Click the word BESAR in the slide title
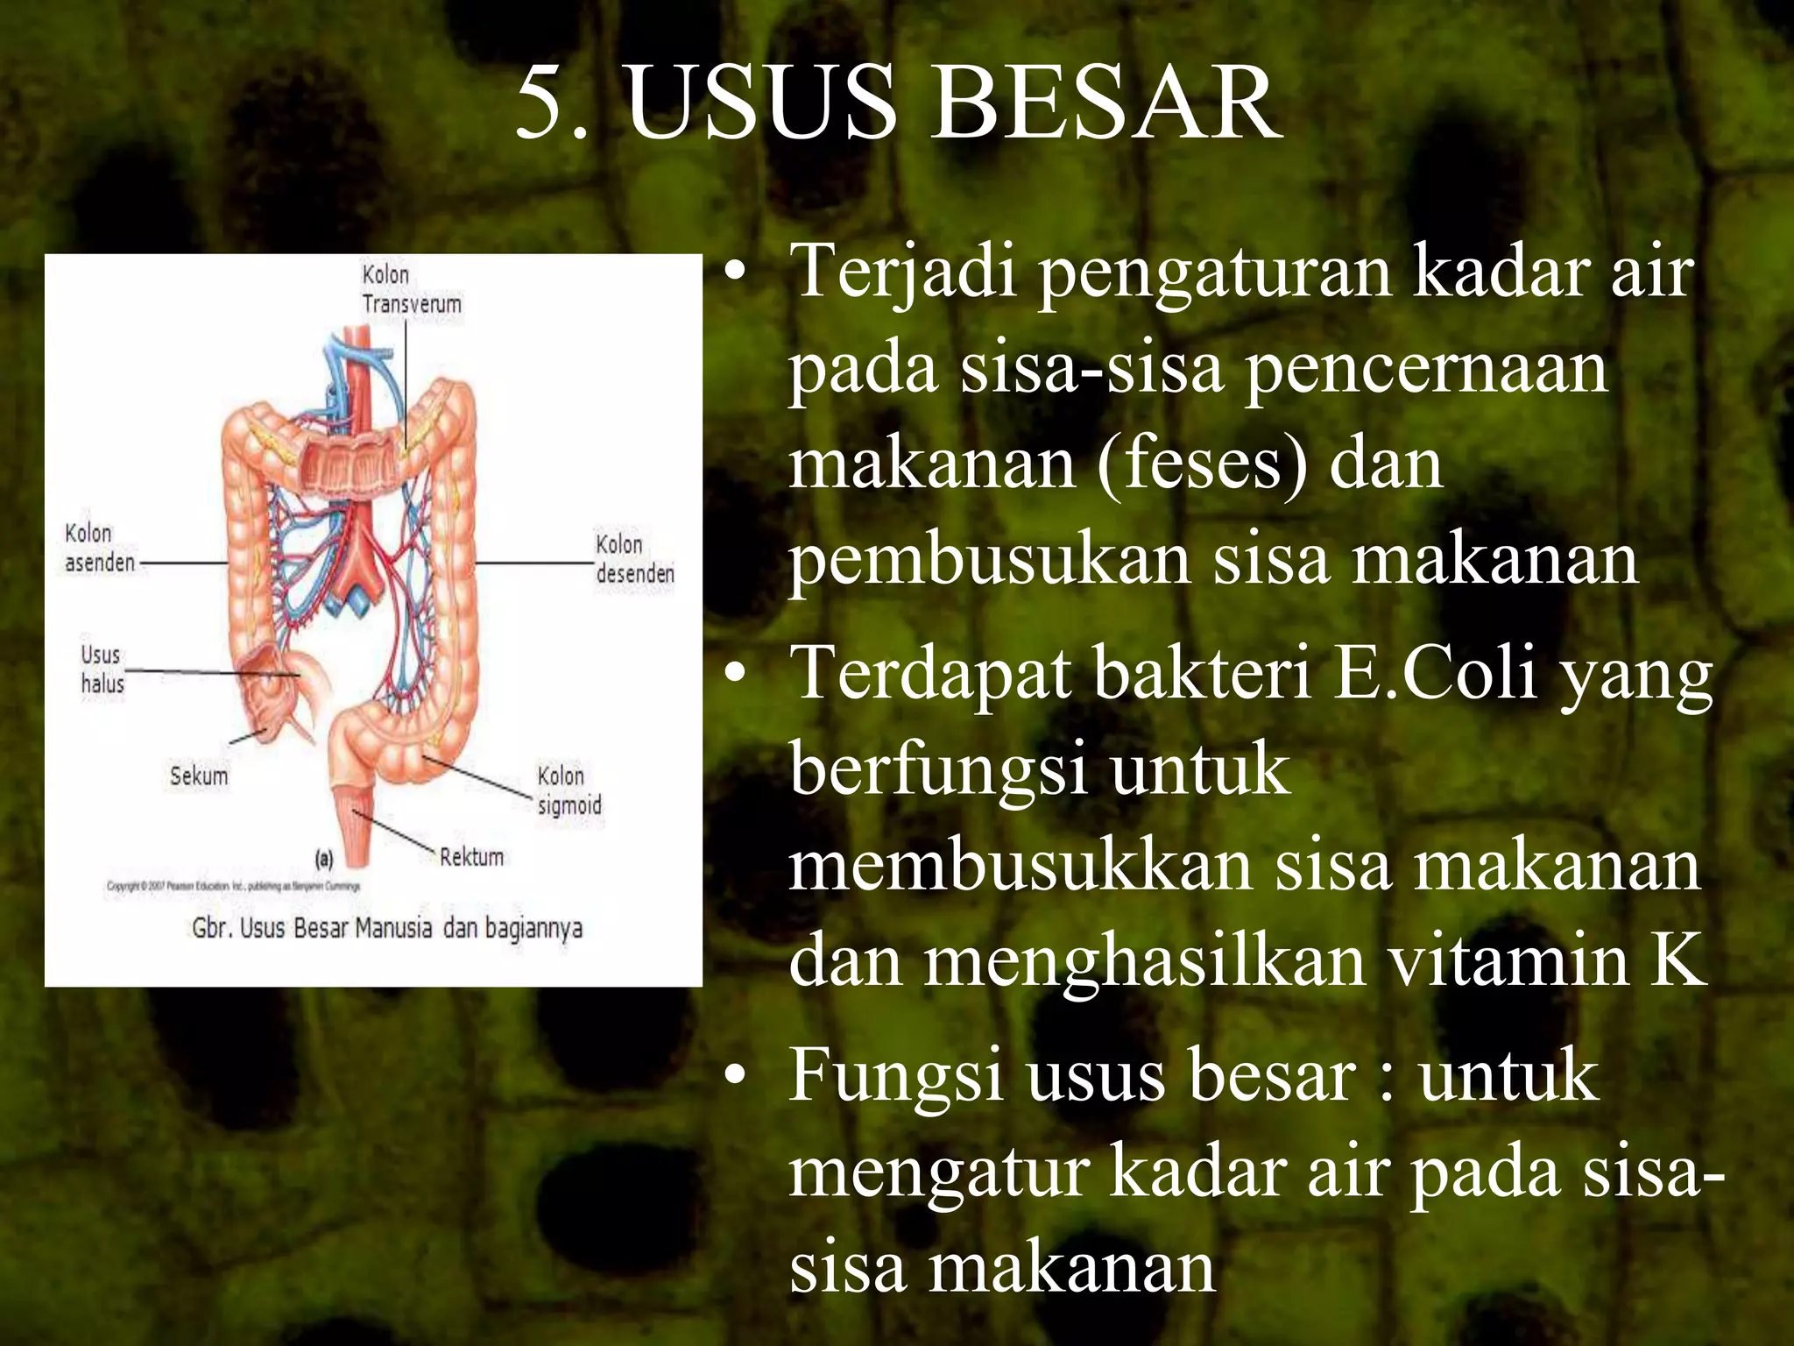pyautogui.click(x=1105, y=105)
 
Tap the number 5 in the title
pyautogui.click(x=540, y=105)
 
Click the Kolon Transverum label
pyautogui.click(x=411, y=289)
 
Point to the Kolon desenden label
pyautogui.click(x=634, y=558)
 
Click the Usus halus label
pyautogui.click(x=102, y=669)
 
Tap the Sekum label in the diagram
pyautogui.click(x=199, y=776)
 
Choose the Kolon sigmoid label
pyautogui.click(x=569, y=790)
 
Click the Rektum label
pyautogui.click(x=471, y=856)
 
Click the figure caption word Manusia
pyautogui.click(x=393, y=927)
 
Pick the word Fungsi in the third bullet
pyautogui.click(x=895, y=1076)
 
